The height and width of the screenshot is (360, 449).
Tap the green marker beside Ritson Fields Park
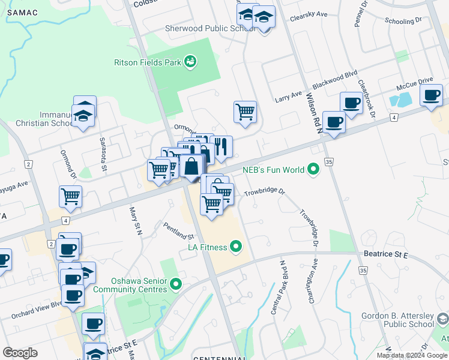(x=190, y=61)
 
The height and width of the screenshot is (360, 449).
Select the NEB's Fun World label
(x=273, y=170)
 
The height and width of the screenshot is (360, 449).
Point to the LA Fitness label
(x=207, y=247)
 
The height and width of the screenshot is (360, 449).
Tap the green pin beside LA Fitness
(x=236, y=246)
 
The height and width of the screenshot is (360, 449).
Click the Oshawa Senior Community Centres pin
(x=176, y=283)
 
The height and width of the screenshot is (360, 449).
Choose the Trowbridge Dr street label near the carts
(x=264, y=193)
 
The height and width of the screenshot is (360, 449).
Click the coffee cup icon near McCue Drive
(x=431, y=95)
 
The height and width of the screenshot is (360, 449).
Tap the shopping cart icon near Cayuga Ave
(x=71, y=196)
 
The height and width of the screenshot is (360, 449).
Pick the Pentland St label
(x=178, y=229)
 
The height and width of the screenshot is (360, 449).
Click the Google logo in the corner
(x=20, y=352)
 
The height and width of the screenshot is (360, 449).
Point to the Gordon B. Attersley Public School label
(x=397, y=320)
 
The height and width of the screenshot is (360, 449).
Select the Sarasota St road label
(x=103, y=146)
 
